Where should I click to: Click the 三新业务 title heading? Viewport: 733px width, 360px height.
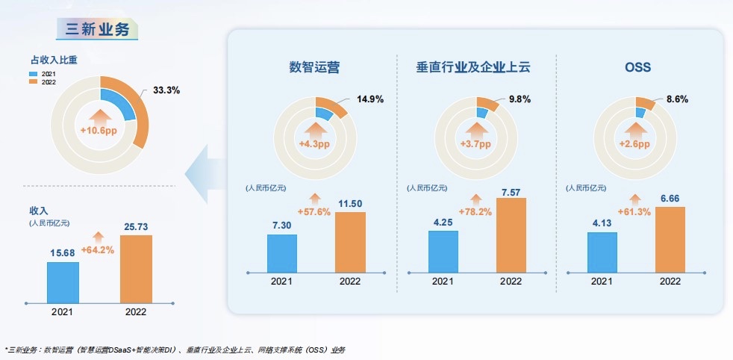point(98,29)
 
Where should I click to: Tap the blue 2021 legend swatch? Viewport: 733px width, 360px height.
point(33,75)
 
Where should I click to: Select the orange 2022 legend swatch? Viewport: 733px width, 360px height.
point(33,82)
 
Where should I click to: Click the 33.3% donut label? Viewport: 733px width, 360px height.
point(166,90)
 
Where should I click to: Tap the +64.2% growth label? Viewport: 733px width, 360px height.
point(98,249)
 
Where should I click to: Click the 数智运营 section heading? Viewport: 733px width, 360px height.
point(314,68)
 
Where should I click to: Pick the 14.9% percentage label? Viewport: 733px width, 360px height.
point(370,99)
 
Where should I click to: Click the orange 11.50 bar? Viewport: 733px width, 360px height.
point(350,243)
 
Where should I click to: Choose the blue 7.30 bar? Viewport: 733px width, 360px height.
point(282,254)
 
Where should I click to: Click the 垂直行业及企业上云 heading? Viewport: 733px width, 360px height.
point(473,68)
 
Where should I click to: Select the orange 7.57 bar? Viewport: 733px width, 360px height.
point(511,235)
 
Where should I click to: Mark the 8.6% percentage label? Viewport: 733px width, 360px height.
point(677,99)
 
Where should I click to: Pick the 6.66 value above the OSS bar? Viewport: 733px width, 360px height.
point(670,198)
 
